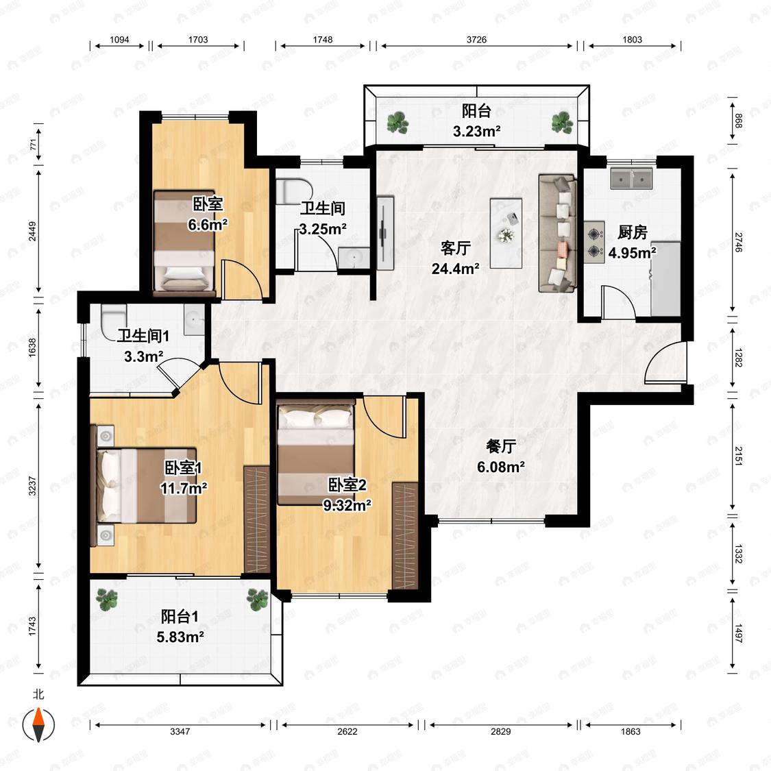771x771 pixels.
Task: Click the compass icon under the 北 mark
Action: click(x=38, y=724)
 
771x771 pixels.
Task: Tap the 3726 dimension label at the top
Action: click(x=476, y=40)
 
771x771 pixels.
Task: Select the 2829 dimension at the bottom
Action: click(x=500, y=731)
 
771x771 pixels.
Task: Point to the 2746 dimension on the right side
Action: click(x=738, y=243)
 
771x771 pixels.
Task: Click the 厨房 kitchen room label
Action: click(x=633, y=232)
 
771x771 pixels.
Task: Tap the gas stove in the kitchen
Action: click(x=594, y=241)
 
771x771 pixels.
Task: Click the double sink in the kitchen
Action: click(x=632, y=178)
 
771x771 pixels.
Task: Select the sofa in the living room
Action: click(x=558, y=232)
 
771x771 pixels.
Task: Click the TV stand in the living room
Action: click(x=385, y=232)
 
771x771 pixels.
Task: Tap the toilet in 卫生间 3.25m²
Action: click(x=294, y=192)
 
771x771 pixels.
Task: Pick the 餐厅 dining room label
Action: click(x=500, y=446)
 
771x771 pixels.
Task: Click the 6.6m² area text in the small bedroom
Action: click(x=208, y=225)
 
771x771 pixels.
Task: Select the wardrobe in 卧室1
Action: click(x=257, y=519)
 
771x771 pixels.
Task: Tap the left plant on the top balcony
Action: click(x=397, y=123)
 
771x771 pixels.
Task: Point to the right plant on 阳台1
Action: click(x=257, y=600)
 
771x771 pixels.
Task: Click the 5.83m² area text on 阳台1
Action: click(x=180, y=637)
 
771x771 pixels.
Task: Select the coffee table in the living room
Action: click(x=506, y=233)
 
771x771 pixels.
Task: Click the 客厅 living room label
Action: click(x=455, y=248)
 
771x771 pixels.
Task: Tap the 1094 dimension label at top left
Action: click(x=119, y=40)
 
